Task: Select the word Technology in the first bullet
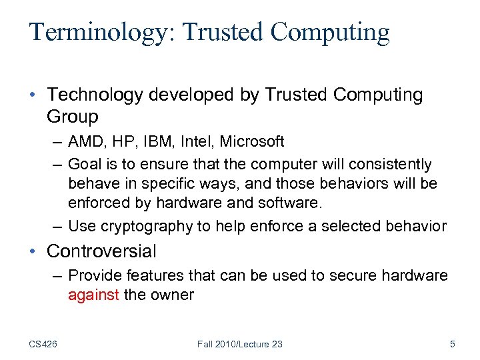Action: coord(95,95)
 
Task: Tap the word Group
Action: coord(73,117)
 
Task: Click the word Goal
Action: coord(84,164)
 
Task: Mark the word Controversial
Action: coord(102,251)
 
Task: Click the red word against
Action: coord(93,295)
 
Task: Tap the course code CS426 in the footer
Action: coord(43,344)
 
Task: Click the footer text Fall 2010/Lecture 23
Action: coord(240,344)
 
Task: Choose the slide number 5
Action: coord(453,344)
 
